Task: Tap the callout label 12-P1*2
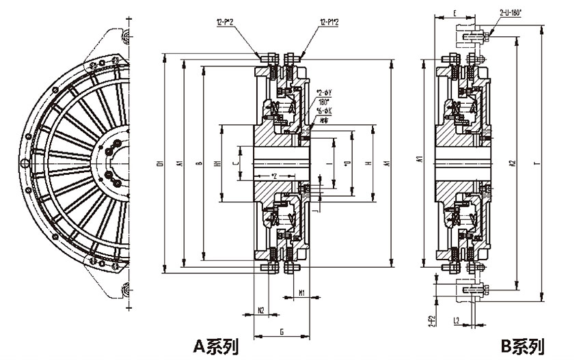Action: [330, 23]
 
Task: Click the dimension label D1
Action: [159, 163]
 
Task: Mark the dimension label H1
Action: [215, 164]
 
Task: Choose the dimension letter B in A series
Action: [198, 163]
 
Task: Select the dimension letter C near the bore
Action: [234, 164]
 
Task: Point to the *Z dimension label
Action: [273, 177]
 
